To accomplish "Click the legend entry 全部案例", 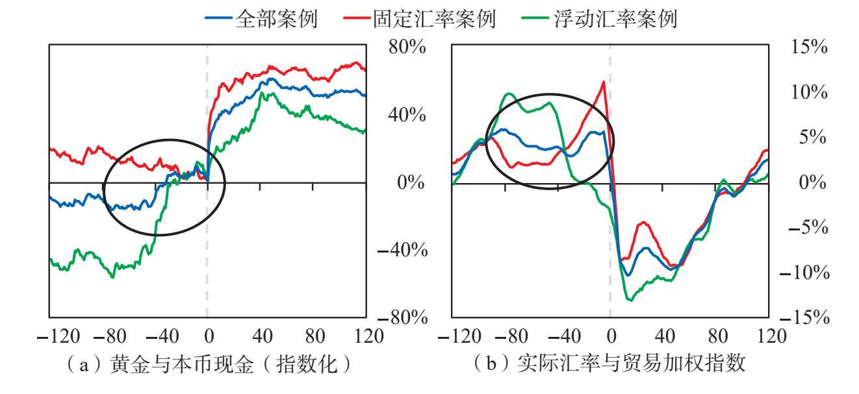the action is pos(261,18).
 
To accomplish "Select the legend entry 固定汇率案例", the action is pos(419,18).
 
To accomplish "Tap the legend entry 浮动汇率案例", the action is pos(599,18).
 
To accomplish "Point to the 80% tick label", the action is pos(407,47).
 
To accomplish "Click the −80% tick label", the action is pos(402,317).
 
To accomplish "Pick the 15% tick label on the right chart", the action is pos(809,47).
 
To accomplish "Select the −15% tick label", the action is pos(804,317).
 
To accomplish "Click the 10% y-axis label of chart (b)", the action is pos(809,92).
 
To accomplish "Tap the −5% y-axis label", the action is pos(808,227).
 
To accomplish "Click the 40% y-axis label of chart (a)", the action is pos(407,115).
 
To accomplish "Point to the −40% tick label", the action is pos(402,250).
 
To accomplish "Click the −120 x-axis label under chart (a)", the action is pos(58,337).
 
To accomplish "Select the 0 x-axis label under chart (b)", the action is pos(611,337).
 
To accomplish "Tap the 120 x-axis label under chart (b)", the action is pos(771,337).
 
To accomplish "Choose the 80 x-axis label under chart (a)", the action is pos(315,337).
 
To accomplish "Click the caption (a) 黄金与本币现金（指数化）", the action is pos(209,363).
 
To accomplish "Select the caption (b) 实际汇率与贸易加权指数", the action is pos(609,363).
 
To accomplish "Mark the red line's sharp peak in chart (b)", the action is pos(604,82).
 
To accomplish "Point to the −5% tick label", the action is pos(808,227).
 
